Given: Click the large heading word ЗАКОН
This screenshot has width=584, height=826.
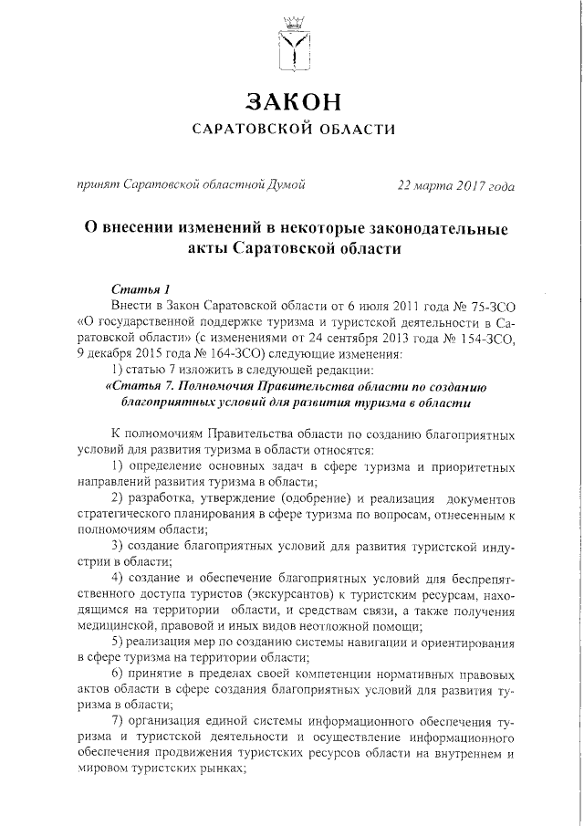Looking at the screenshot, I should click(x=293, y=99).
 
